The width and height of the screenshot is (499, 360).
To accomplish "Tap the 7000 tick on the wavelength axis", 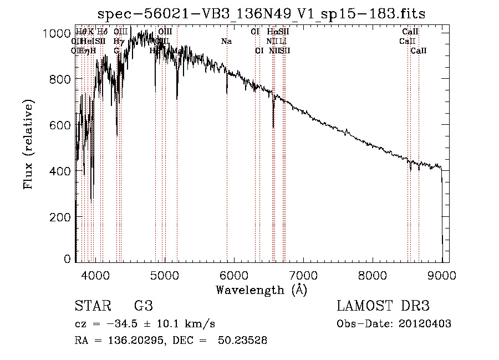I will coord(303,273).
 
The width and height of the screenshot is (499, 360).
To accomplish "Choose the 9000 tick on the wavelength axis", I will coord(442,273).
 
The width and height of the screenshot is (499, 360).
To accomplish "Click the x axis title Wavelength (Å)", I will coord(261,290).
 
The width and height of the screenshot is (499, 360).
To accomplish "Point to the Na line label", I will coord(226,42).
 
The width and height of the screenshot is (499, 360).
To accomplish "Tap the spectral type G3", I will coord(143,306).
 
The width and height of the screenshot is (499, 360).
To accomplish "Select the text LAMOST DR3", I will coord(383,306).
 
